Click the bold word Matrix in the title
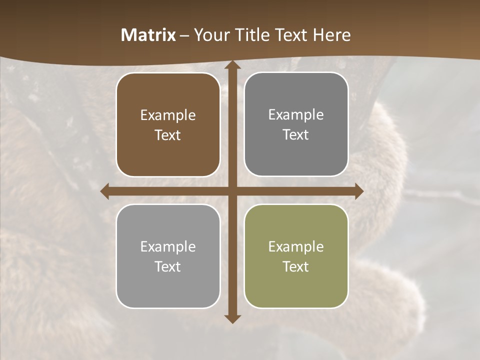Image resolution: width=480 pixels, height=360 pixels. pos(148,35)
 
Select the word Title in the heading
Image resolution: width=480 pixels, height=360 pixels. pos(249,35)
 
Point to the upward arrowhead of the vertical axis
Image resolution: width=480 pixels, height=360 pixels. pos(232,66)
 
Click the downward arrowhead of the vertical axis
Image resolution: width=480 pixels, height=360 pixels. pos(232,318)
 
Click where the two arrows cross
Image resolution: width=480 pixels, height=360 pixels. pos(232,191)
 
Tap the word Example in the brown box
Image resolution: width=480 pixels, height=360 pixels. pos(168,115)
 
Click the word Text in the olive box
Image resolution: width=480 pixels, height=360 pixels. pos(296,266)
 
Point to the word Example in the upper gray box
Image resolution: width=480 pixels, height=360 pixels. pos(296,114)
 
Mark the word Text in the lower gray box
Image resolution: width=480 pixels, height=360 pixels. pos(168,266)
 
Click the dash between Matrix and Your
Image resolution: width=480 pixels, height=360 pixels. pos(184,35)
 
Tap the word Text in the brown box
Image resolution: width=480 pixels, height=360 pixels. pos(168,135)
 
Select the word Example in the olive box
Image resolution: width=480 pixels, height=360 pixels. pos(296,246)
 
